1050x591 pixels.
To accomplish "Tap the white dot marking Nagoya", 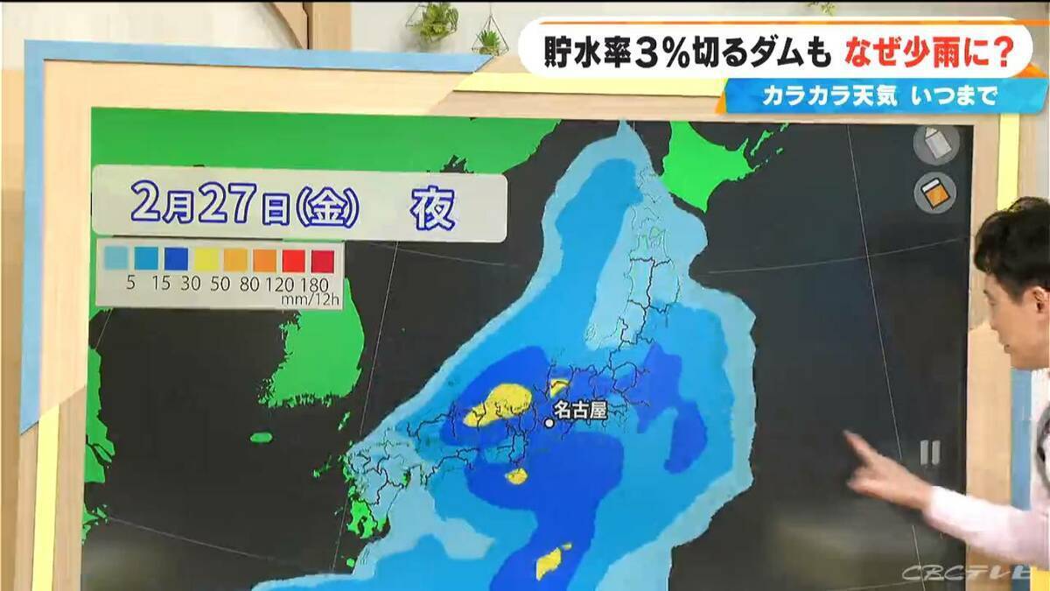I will point(549,423).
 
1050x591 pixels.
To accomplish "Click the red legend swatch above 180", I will point(323,259).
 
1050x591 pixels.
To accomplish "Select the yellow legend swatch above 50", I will point(206,259).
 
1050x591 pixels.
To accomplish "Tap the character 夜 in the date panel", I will point(434,209).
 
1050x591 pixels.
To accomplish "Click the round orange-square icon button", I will point(935,193).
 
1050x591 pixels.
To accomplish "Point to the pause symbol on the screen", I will point(928,452).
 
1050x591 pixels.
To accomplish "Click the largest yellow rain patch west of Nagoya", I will point(496,405).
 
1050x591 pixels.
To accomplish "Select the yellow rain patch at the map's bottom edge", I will point(551,560).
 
